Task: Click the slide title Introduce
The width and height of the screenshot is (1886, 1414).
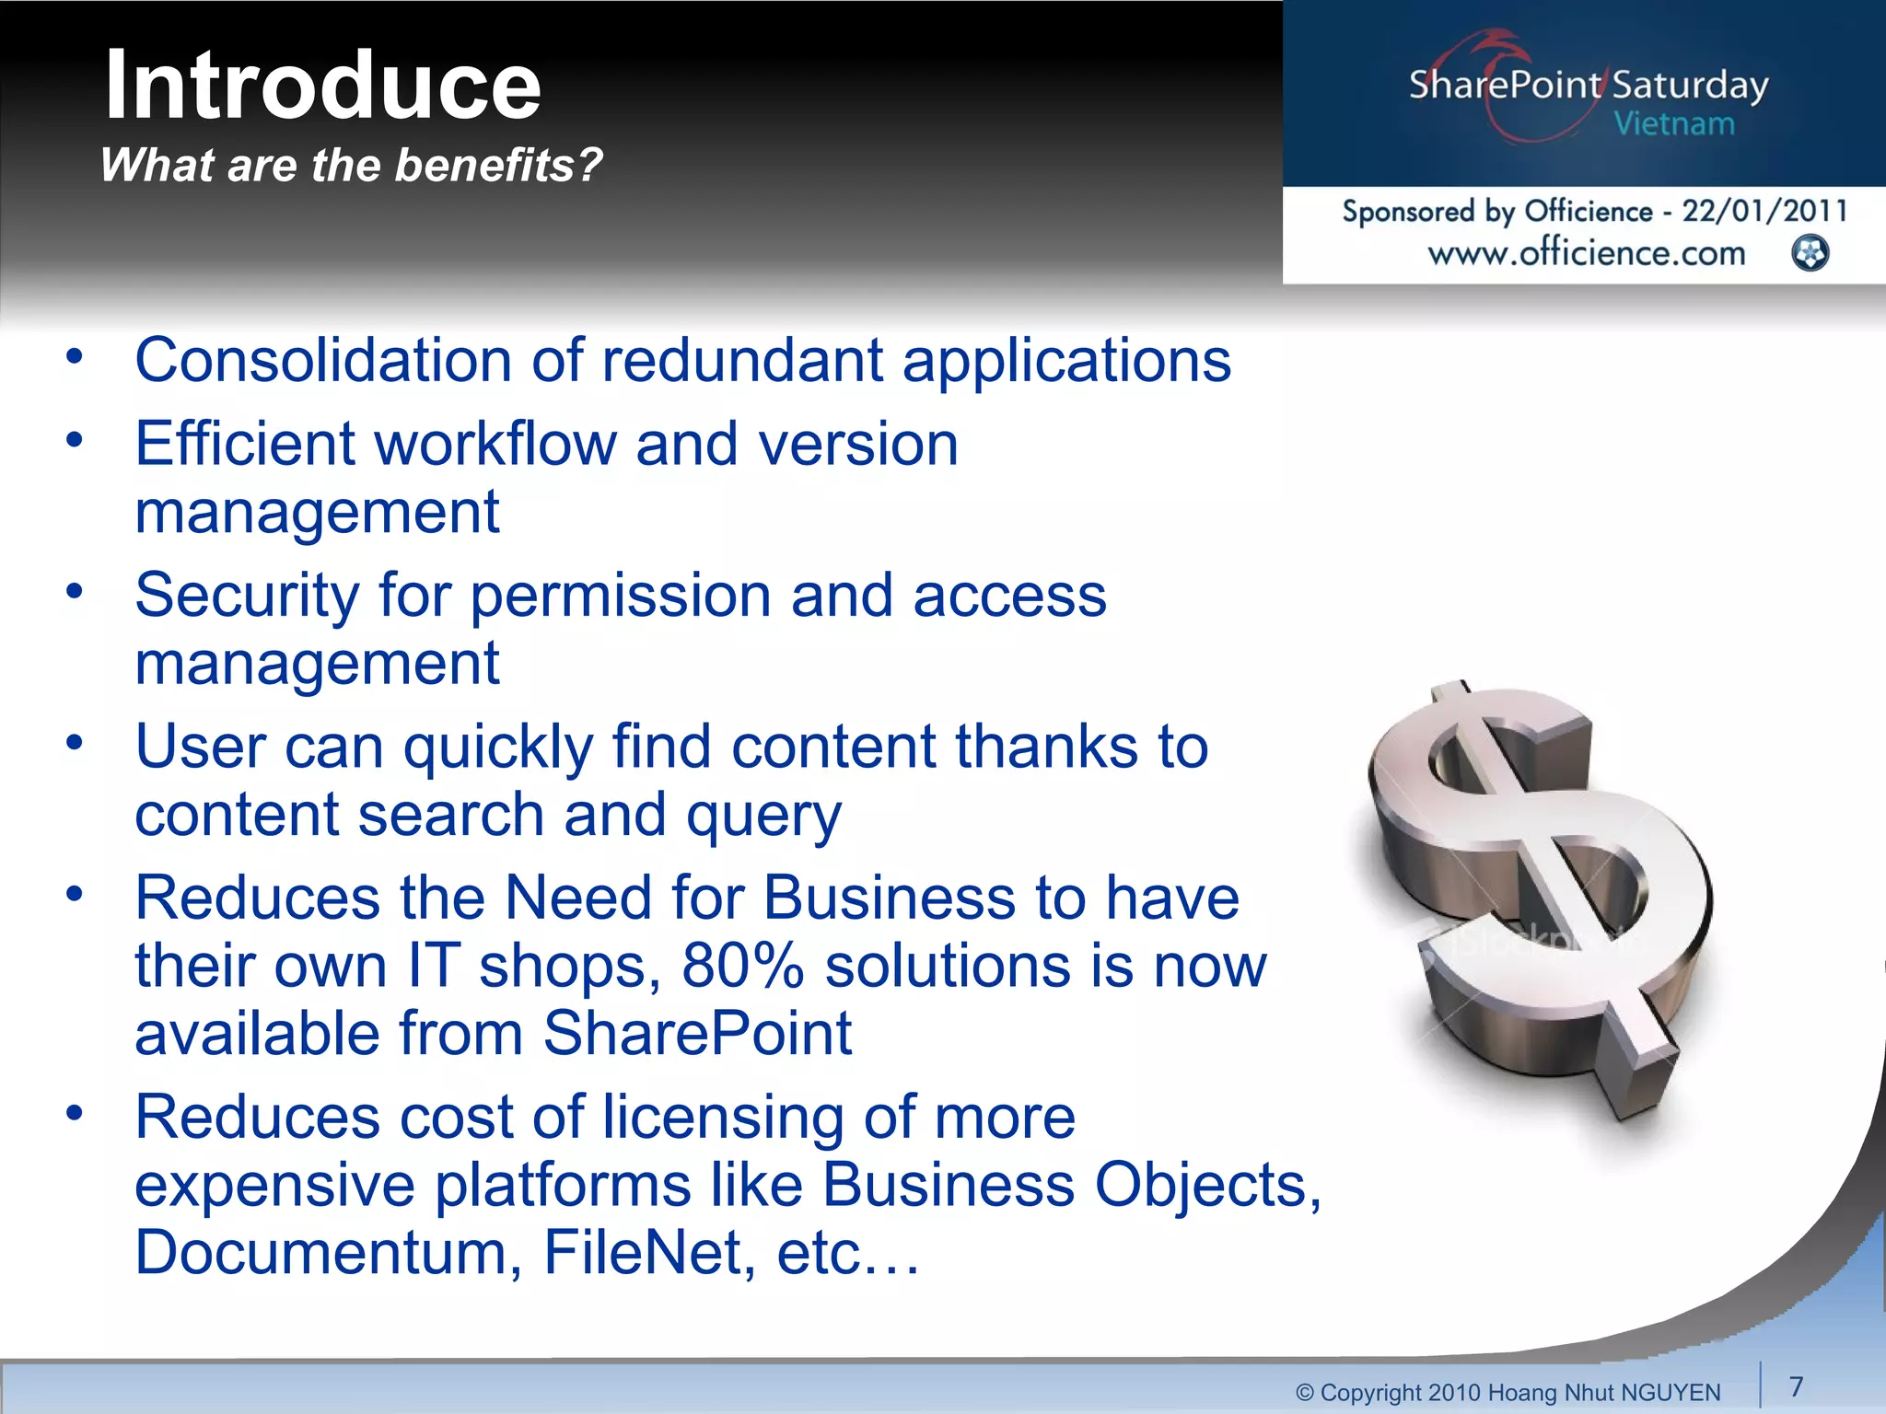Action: pos(322,86)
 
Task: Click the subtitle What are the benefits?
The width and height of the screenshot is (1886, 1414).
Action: pos(351,166)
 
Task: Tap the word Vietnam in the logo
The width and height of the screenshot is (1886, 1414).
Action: pos(1674,123)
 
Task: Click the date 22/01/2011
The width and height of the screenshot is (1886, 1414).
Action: pos(1764,211)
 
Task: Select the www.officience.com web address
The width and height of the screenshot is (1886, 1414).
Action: pos(1586,253)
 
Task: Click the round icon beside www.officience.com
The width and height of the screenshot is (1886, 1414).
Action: pos(1810,253)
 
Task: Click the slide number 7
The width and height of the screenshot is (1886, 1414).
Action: pos(1796,1385)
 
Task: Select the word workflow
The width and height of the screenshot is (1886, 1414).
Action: pos(495,444)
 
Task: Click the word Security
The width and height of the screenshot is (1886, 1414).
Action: pos(247,595)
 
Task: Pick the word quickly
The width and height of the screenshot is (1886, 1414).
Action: pos(498,747)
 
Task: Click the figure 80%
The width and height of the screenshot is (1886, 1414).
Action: pos(742,966)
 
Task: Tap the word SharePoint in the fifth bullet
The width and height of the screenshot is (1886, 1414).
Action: pos(697,1033)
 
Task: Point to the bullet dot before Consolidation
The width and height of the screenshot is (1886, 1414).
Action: pos(75,356)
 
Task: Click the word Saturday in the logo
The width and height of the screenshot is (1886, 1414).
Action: pos(1690,86)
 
